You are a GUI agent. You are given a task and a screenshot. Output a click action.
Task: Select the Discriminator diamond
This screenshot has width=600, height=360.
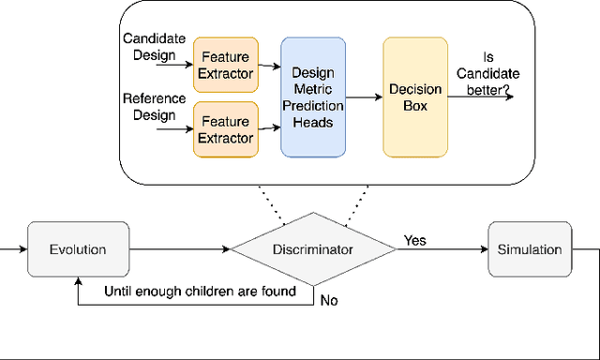tap(313, 250)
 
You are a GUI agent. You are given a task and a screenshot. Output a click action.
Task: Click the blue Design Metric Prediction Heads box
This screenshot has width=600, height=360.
tap(313, 97)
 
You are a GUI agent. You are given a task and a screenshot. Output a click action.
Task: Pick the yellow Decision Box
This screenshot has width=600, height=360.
tap(409, 97)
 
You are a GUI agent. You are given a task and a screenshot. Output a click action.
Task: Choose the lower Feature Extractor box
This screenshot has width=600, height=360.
tap(224, 129)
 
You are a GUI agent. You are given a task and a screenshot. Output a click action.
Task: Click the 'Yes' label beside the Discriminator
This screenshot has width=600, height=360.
tap(414, 241)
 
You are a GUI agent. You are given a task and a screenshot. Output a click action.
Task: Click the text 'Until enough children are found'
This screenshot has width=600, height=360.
tap(200, 292)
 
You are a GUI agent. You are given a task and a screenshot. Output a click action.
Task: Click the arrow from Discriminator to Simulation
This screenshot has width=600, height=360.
tap(441, 250)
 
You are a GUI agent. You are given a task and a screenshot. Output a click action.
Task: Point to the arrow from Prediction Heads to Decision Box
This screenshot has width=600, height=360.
tap(364, 97)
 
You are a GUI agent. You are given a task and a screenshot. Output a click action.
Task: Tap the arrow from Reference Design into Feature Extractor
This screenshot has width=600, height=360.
tap(176, 131)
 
